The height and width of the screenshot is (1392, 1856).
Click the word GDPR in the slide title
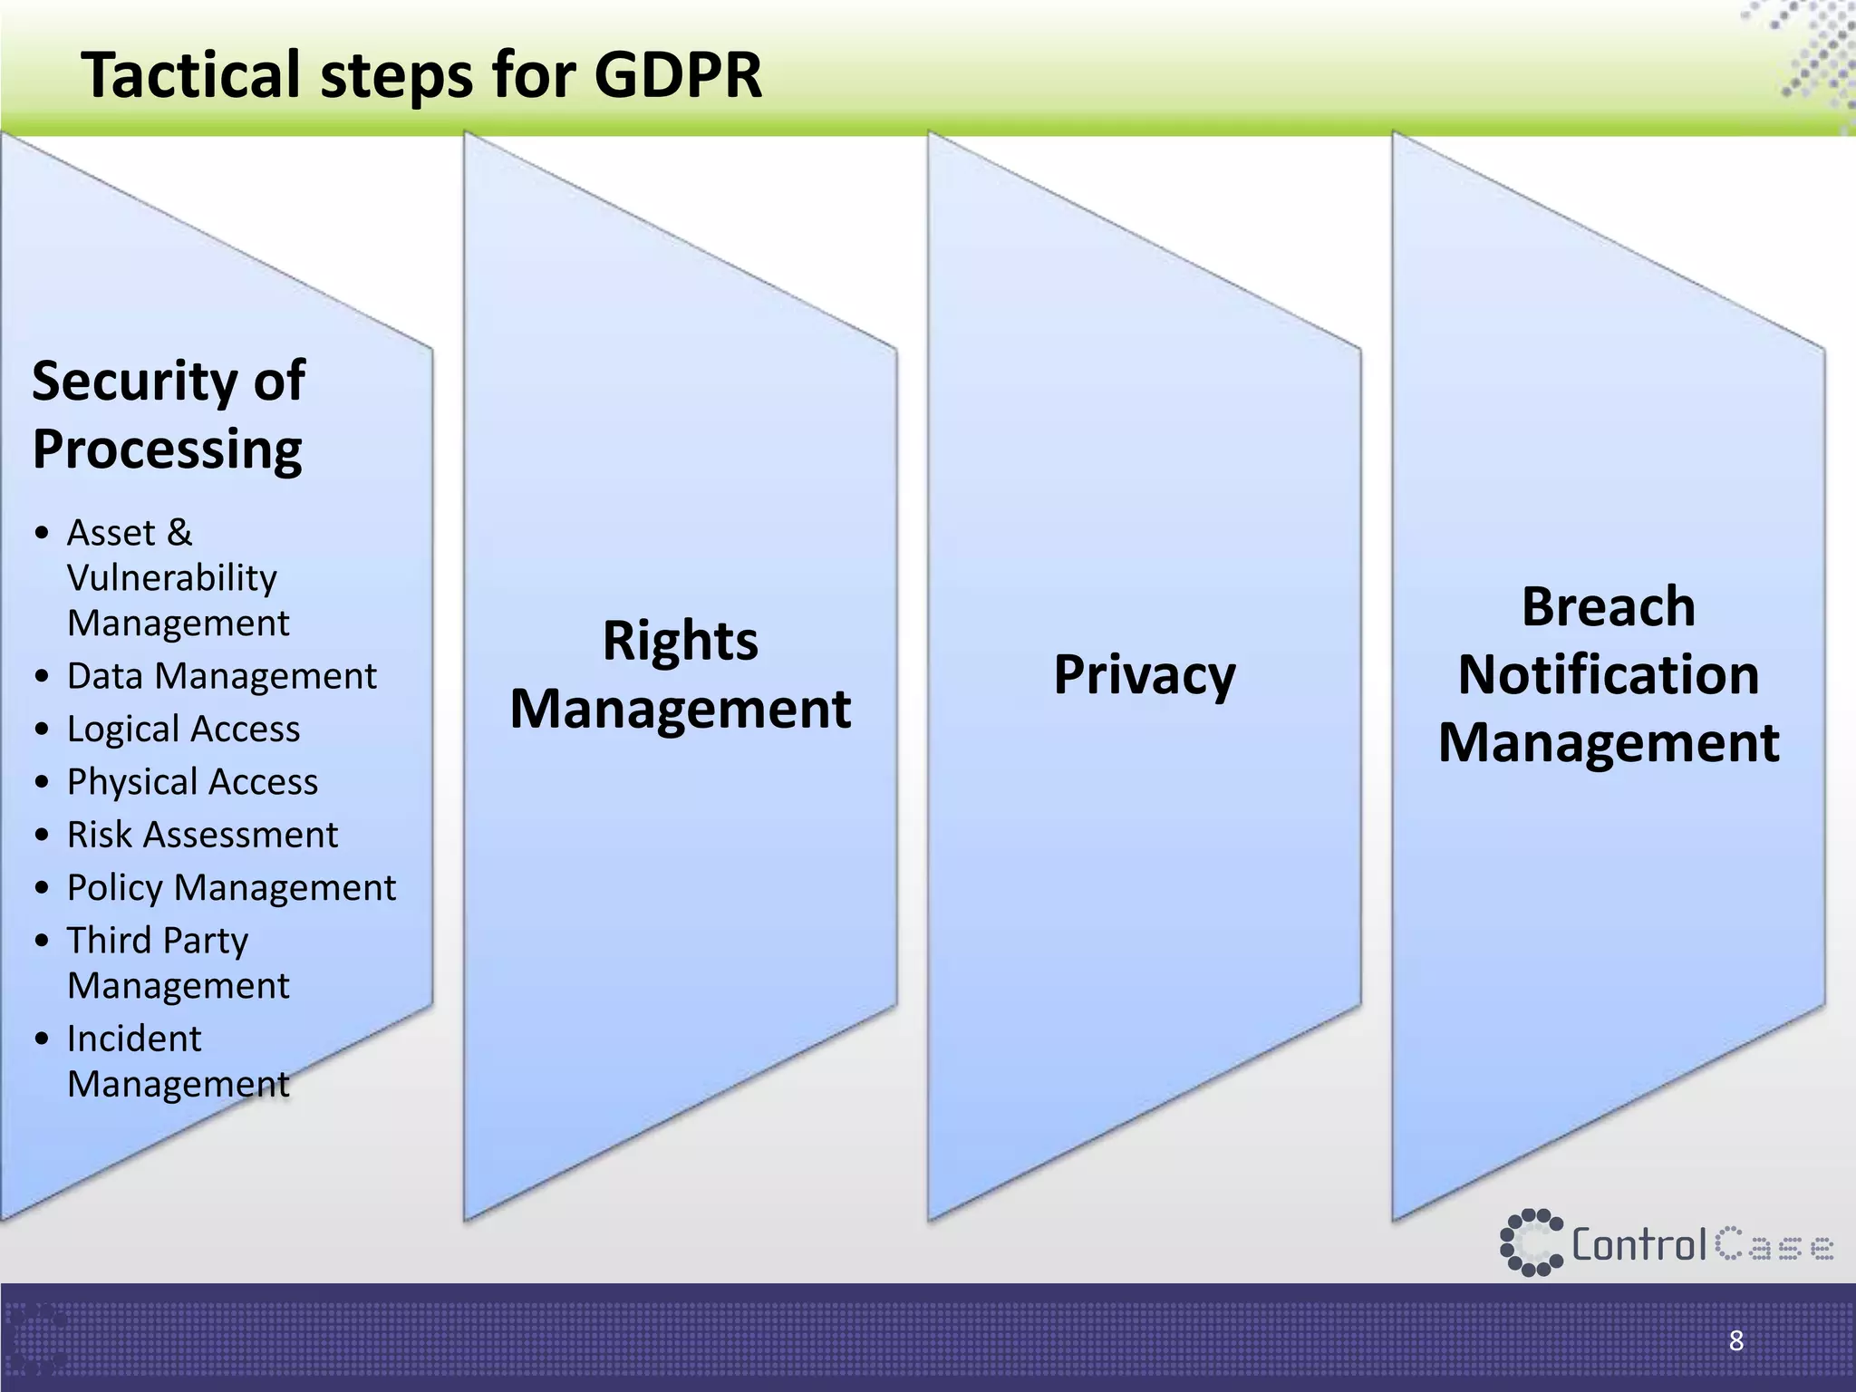click(678, 74)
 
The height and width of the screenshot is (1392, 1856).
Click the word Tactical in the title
click(191, 74)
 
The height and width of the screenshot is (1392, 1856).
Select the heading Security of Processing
click(169, 414)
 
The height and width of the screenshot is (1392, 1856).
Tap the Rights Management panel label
click(681, 674)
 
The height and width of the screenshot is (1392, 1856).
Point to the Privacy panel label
click(1145, 675)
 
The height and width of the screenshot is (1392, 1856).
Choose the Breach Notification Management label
click(1609, 674)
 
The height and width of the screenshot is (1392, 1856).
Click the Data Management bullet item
click(221, 676)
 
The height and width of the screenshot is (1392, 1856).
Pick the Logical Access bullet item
click(183, 729)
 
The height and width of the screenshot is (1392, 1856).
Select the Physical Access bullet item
click(192, 781)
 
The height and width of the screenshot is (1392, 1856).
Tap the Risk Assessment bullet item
click(202, 835)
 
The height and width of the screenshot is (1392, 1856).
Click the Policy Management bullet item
click(231, 887)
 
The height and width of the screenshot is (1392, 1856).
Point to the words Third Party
click(158, 941)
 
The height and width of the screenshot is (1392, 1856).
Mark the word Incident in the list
click(134, 1039)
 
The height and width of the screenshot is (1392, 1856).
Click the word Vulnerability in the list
click(172, 578)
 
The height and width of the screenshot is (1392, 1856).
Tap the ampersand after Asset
click(179, 533)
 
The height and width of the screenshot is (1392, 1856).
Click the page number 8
click(1736, 1340)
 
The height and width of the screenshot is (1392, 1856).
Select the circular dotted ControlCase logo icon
click(1531, 1242)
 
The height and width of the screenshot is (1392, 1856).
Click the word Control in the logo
click(1638, 1244)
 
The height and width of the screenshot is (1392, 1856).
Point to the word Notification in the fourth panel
click(1609, 674)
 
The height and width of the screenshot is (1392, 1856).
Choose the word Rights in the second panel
click(681, 641)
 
